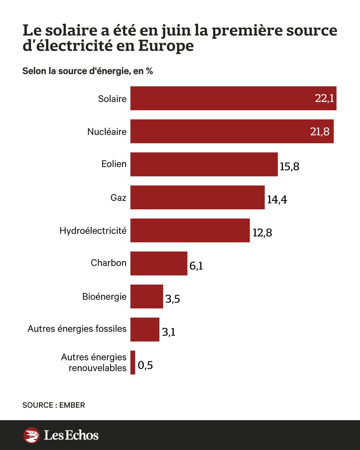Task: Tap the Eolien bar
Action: point(204,164)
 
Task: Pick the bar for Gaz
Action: point(197,197)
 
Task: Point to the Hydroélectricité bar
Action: point(190,230)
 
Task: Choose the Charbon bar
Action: point(159,263)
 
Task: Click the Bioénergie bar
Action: point(147,296)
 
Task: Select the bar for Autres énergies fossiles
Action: point(145,329)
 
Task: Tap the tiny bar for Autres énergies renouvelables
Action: point(133,362)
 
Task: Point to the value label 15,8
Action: point(289,166)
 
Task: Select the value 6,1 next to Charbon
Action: point(196,267)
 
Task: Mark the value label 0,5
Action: point(145,365)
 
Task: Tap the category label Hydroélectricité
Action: point(93,230)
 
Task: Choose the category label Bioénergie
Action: point(104,296)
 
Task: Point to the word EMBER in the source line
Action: point(72,405)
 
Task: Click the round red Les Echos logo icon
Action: point(31,435)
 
